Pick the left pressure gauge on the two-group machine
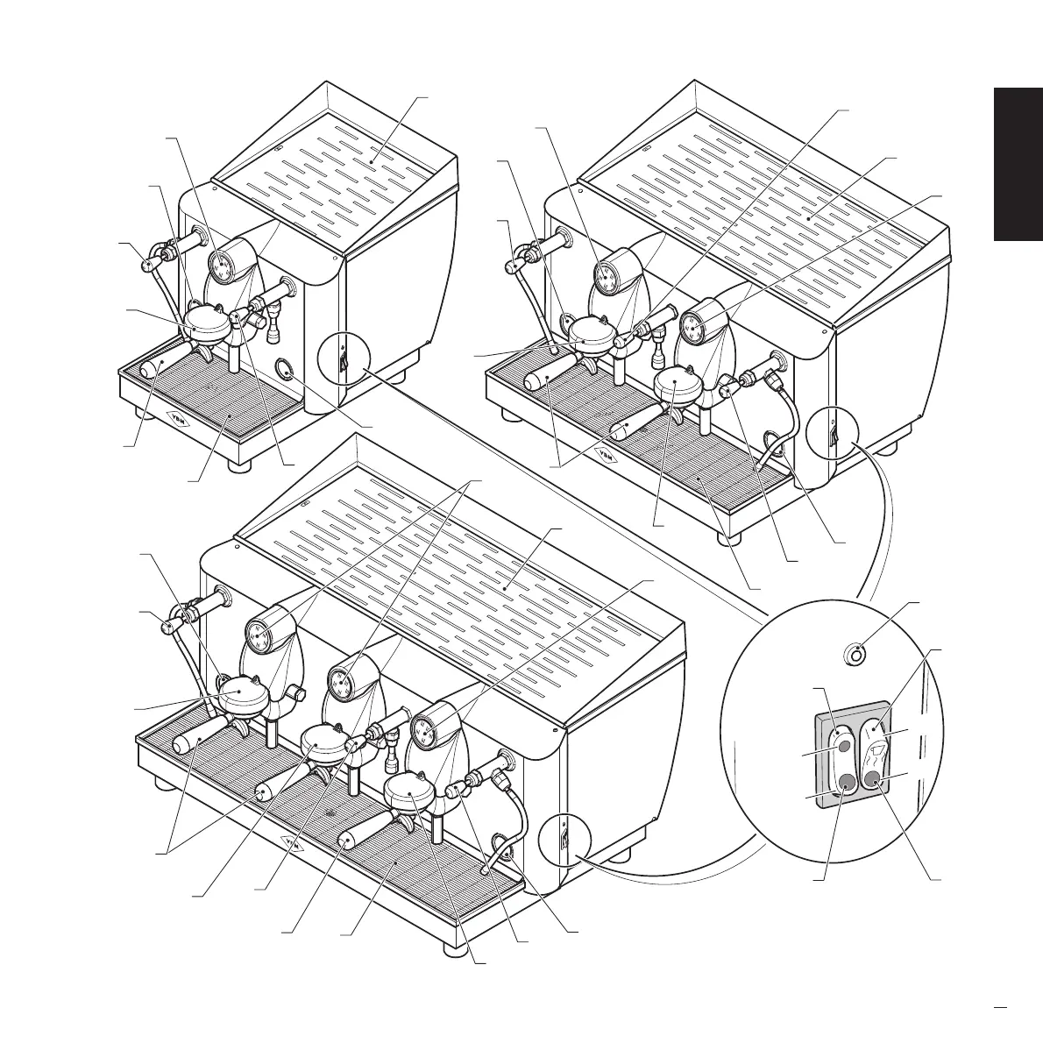point(606,278)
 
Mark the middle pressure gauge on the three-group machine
point(341,680)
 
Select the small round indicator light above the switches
point(857,654)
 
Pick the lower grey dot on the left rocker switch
point(846,782)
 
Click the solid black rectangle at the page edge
point(1018,163)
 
